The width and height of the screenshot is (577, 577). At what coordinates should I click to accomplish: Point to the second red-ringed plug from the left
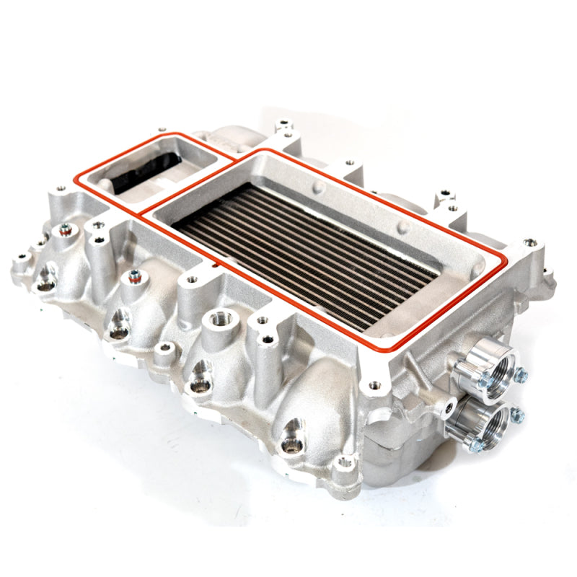tap(134, 275)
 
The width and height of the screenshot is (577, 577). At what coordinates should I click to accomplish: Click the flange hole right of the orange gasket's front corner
tap(374, 386)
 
